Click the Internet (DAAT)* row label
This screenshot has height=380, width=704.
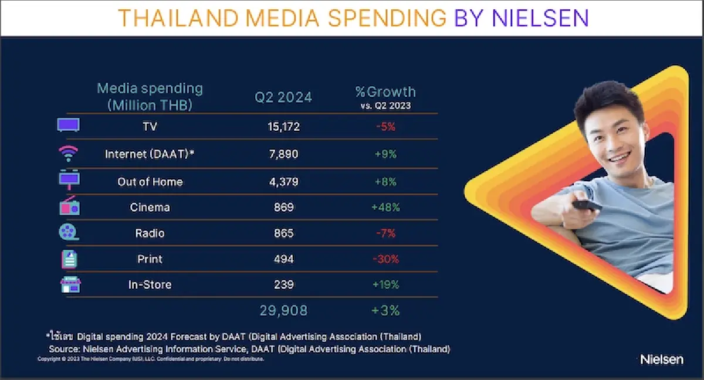click(x=150, y=154)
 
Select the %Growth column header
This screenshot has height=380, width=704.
click(x=385, y=92)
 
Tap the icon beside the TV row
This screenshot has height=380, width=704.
click(x=68, y=125)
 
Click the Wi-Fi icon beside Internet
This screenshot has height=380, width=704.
click(x=68, y=154)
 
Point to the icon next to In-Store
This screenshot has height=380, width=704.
click(x=70, y=285)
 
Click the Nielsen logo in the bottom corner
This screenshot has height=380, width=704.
click(x=662, y=359)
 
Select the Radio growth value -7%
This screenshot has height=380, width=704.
click(x=385, y=233)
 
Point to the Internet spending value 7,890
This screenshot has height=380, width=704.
click(x=279, y=154)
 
